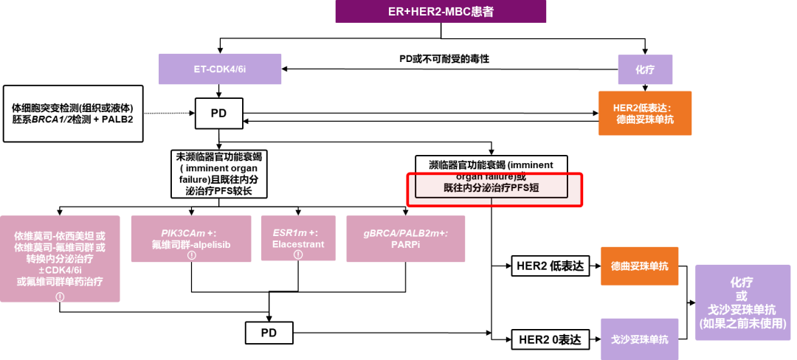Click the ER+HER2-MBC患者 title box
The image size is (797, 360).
(441, 12)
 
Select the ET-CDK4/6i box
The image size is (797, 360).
(210, 69)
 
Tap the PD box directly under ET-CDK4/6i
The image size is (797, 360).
(218, 114)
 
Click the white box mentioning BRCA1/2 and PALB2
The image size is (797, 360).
(72, 113)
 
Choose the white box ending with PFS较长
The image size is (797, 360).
(218, 173)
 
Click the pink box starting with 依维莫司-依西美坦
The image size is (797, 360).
(60, 258)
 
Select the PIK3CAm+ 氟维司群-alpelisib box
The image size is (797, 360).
(191, 238)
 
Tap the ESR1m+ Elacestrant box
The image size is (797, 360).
(298, 238)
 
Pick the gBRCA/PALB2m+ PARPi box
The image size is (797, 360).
(405, 238)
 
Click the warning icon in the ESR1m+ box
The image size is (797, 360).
(298, 255)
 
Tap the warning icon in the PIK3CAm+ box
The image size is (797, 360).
(191, 255)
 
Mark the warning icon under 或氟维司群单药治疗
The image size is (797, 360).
(60, 297)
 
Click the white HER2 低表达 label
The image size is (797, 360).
(551, 266)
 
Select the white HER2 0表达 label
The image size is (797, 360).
(551, 339)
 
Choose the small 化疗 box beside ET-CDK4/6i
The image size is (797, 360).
(644, 70)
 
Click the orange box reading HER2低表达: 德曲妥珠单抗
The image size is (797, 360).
(645, 113)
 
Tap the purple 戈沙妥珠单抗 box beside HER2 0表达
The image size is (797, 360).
(640, 339)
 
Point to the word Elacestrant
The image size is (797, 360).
(298, 244)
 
